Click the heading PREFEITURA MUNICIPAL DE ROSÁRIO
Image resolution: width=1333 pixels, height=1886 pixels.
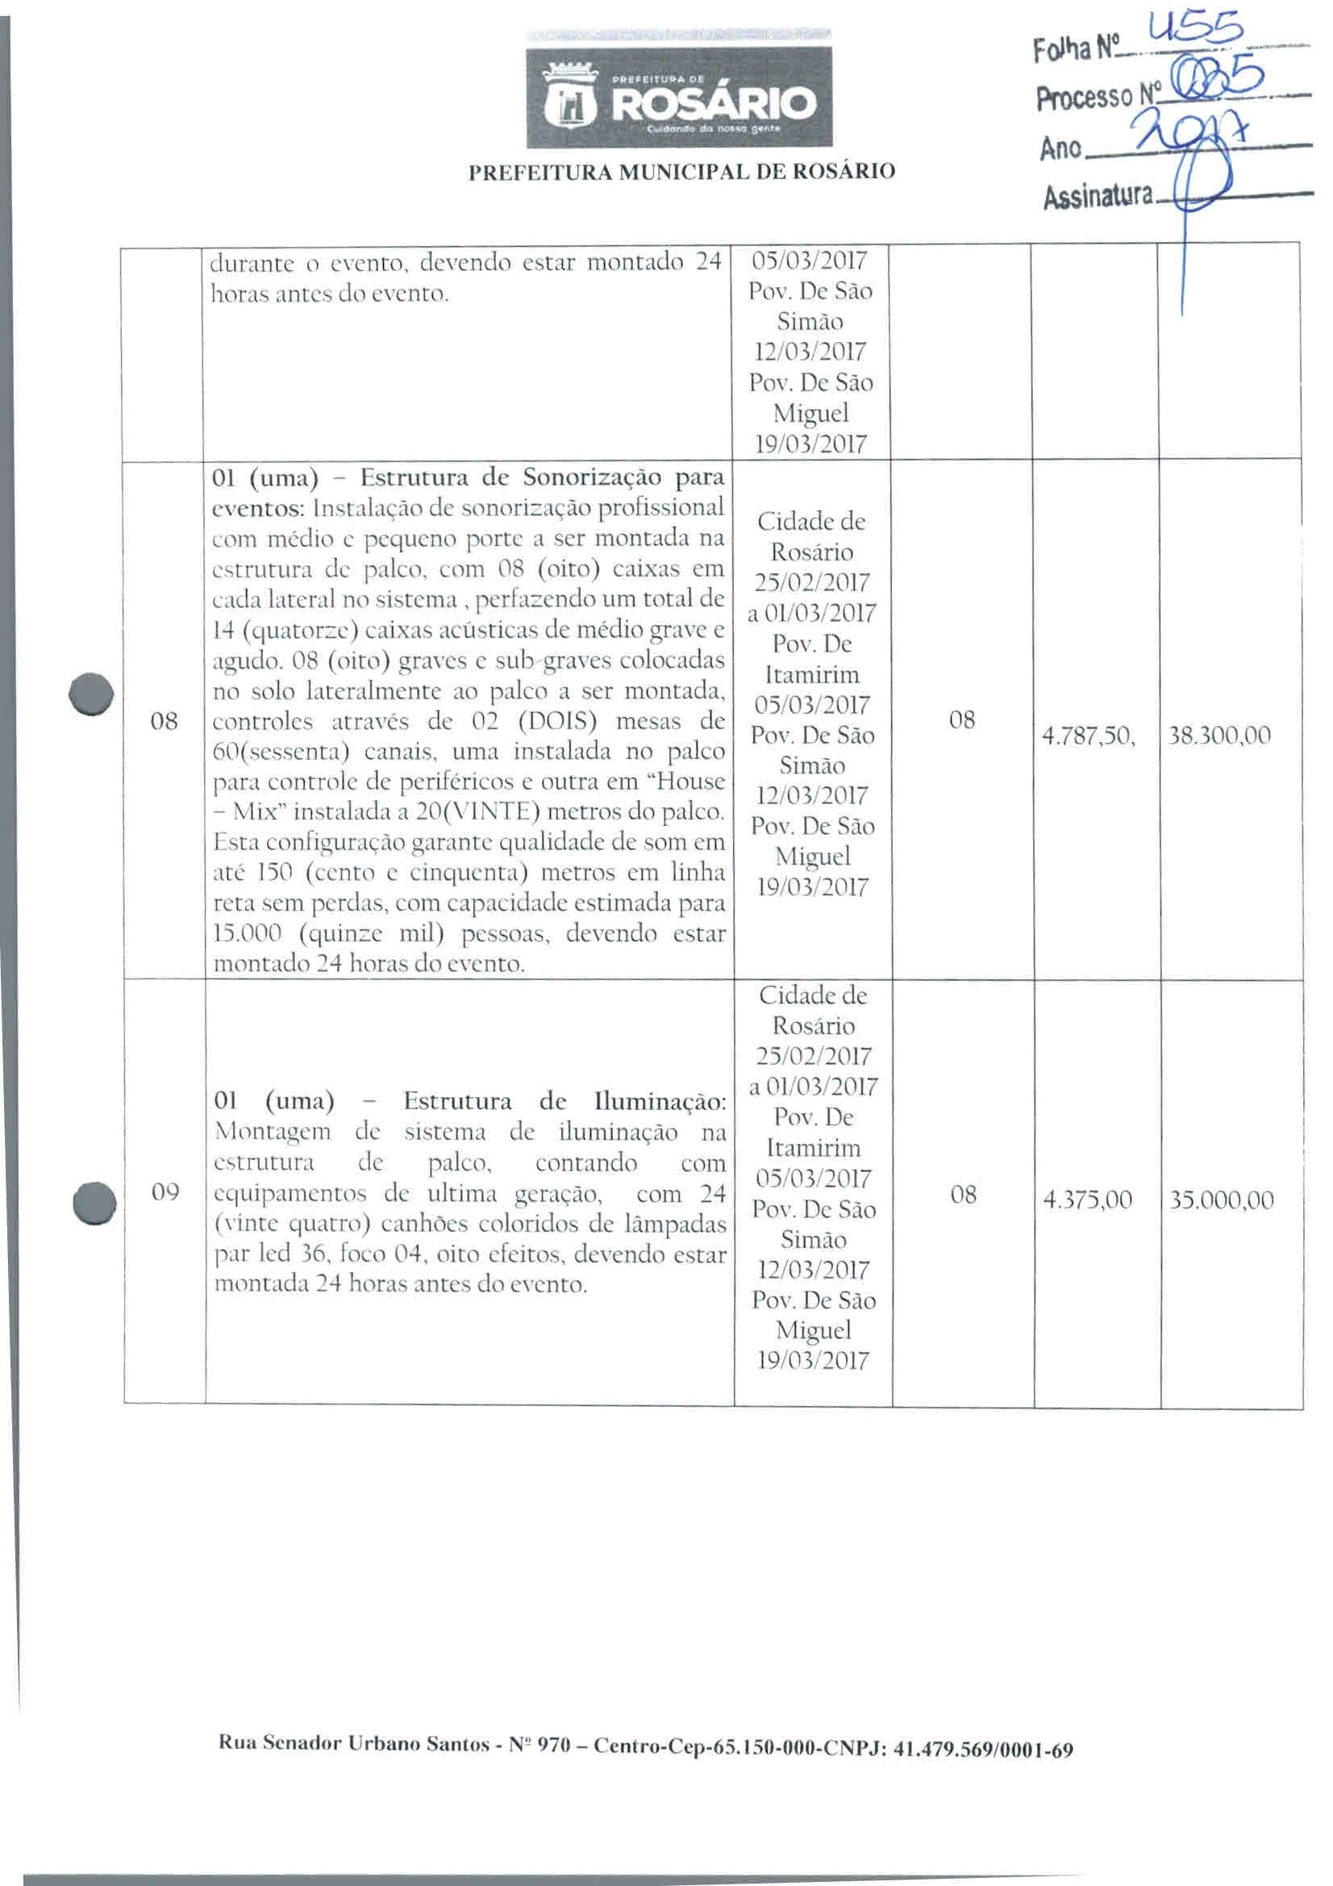click(681, 172)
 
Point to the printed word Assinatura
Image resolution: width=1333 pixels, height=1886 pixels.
click(1097, 196)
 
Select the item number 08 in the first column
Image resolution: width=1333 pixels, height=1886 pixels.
click(165, 722)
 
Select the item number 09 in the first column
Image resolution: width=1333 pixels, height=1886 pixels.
click(165, 1192)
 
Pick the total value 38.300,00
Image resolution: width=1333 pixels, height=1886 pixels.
click(1219, 735)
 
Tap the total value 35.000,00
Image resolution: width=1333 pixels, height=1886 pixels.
click(1221, 1201)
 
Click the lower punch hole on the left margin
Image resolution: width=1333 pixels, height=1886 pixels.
click(93, 1204)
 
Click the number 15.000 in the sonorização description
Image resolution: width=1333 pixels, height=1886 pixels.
click(248, 934)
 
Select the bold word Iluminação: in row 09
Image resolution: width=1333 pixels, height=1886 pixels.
click(660, 1101)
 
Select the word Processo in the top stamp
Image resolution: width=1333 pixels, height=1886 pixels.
click(1083, 99)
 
